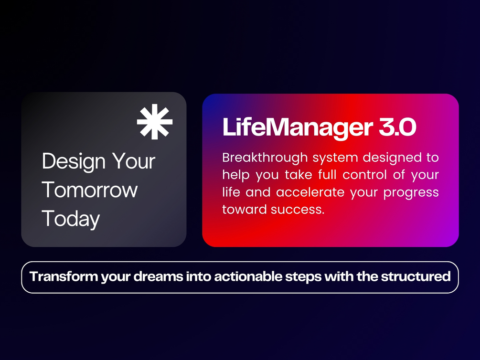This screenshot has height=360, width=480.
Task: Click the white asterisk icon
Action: pyautogui.click(x=155, y=122)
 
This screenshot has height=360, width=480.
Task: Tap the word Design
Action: pyautogui.click(x=74, y=162)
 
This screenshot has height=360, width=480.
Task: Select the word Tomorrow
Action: pyautogui.click(x=90, y=190)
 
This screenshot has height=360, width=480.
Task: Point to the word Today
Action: pyautogui.click(x=71, y=219)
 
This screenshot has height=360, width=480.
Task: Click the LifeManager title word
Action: pyautogui.click(x=298, y=128)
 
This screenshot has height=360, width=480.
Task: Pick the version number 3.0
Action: pyautogui.click(x=398, y=127)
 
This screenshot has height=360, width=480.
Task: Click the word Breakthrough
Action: pyautogui.click(x=265, y=158)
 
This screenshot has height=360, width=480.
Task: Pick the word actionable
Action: pyautogui.click(x=248, y=276)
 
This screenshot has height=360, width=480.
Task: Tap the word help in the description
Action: pyautogui.click(x=236, y=175)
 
